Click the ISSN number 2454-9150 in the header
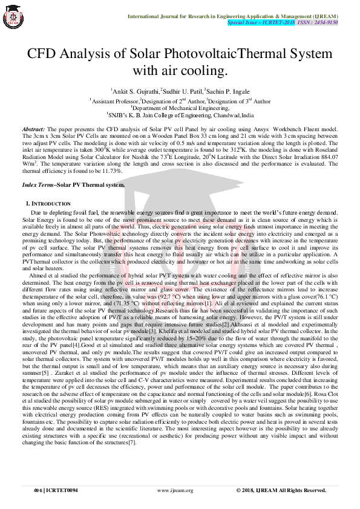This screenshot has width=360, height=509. tap(326, 22)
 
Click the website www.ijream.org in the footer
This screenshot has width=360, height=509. tap(175, 490)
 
